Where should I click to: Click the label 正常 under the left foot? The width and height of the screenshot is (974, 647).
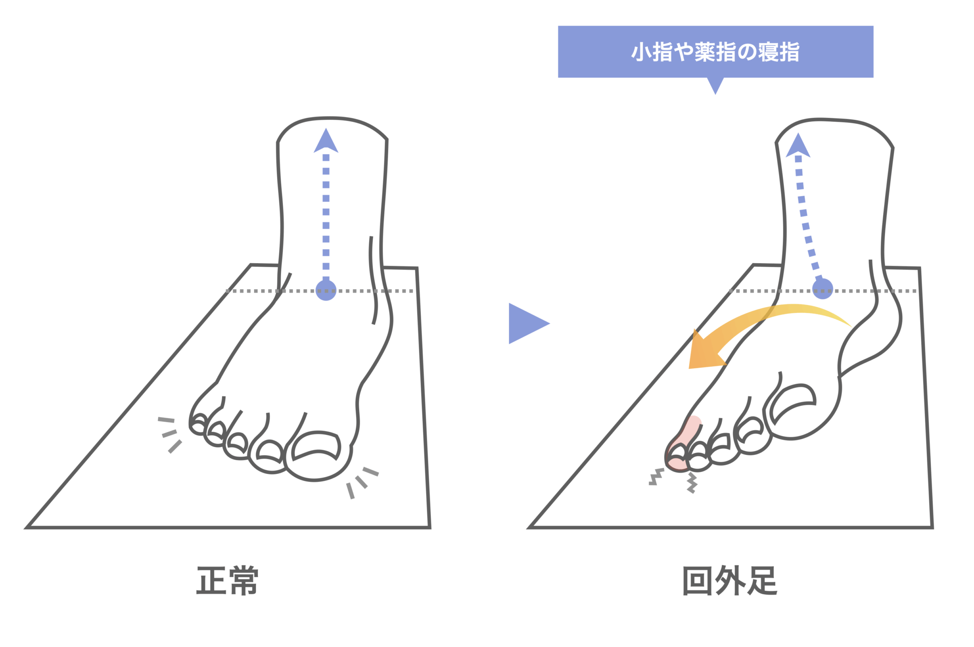[x=227, y=580]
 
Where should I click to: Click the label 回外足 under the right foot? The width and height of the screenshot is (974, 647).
[x=730, y=580]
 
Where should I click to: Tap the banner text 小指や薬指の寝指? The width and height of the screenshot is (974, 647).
[x=715, y=52]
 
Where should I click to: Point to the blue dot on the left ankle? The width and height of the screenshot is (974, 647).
[x=326, y=290]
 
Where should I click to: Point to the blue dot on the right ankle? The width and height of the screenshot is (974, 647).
[x=822, y=289]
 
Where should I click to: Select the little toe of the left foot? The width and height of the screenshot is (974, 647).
[x=198, y=424]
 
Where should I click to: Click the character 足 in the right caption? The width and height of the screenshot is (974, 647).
[x=762, y=580]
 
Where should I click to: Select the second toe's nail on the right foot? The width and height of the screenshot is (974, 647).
[x=750, y=428]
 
